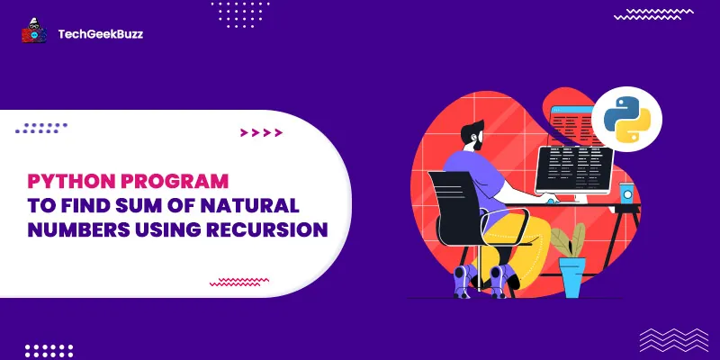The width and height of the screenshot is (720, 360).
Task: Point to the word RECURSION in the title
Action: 265,229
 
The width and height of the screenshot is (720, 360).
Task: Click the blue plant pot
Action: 571,274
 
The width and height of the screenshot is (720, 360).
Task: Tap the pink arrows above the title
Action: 262,133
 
